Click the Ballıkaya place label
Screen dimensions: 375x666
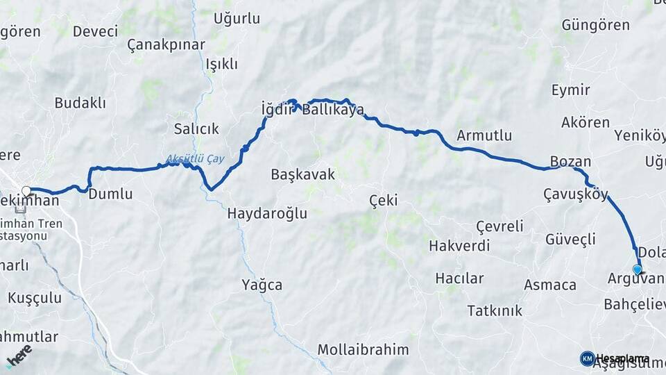click(332, 110)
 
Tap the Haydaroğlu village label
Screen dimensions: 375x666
click(267, 214)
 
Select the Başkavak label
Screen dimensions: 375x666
click(302, 174)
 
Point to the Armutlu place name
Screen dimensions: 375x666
click(484, 135)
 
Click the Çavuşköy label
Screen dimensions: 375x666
click(576, 194)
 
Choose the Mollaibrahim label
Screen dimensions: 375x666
click(363, 349)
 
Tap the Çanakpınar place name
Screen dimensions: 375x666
click(166, 45)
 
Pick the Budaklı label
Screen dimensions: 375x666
click(80, 103)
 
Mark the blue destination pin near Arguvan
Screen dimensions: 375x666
click(638, 269)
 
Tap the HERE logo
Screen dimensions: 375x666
click(19, 355)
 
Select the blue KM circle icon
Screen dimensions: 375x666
click(587, 358)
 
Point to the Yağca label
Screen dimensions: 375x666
click(262, 284)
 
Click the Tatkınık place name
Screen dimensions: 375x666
click(495, 310)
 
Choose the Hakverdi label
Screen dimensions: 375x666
click(459, 245)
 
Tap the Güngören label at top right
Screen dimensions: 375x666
click(595, 25)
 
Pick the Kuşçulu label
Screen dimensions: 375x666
click(35, 298)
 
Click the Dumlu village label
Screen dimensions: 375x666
click(110, 194)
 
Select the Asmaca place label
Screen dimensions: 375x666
click(550, 285)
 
